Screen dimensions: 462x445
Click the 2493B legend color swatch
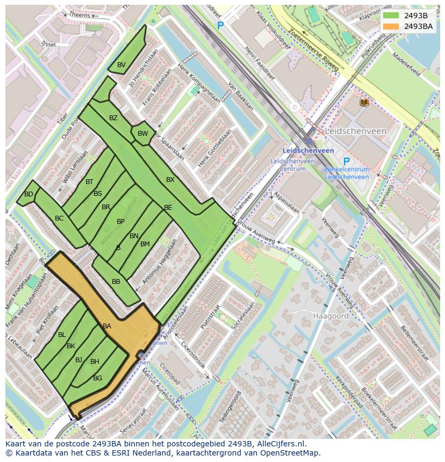(391, 16)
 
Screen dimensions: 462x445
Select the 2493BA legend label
(418, 26)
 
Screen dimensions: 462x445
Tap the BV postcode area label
(121, 65)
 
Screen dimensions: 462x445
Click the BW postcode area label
(142, 134)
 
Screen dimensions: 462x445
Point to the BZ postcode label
(113, 118)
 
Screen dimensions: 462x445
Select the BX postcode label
(170, 180)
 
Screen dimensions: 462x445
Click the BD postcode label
(28, 194)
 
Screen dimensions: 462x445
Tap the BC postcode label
(59, 218)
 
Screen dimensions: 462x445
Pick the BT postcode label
(89, 182)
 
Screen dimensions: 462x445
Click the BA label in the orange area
(107, 326)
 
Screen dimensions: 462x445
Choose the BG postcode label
(97, 378)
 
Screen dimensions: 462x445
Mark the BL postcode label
(62, 335)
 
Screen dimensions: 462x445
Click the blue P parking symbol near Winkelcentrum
(346, 162)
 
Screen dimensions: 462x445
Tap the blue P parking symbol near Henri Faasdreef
(220, 25)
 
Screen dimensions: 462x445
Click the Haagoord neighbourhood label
(331, 317)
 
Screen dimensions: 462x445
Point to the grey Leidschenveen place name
(355, 131)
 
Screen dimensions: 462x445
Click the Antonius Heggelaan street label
(159, 263)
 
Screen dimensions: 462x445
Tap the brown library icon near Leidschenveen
(364, 102)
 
